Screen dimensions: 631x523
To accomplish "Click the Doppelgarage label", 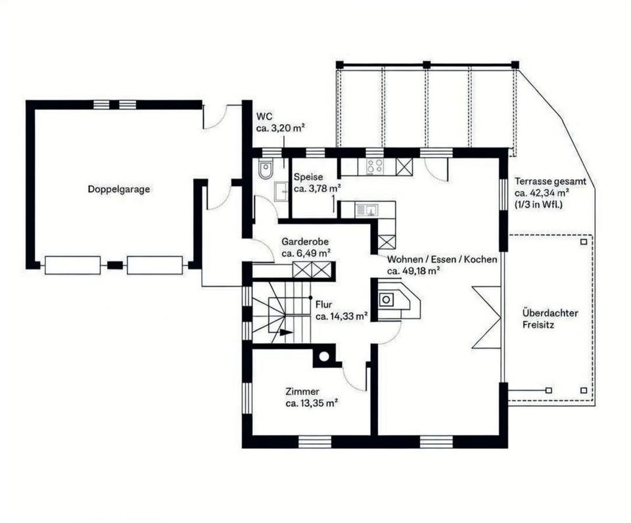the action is click(118, 189).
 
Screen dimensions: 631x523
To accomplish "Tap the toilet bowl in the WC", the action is click(265, 170).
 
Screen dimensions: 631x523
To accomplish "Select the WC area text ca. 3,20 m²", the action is click(281, 128).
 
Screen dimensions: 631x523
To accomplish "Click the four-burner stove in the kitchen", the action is click(375, 166).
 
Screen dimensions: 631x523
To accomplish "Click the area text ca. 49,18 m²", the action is click(413, 270).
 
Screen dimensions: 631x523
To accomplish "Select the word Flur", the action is click(323, 305).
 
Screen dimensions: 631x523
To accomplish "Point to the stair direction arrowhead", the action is click(286, 332).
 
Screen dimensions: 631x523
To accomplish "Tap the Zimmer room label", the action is click(302, 392).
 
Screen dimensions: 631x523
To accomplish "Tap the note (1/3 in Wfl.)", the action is click(541, 204).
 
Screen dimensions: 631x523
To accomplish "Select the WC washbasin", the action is click(281, 191).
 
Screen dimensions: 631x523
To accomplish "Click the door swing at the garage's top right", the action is click(214, 118).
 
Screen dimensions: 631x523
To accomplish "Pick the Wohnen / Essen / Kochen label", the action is click(442, 260).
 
